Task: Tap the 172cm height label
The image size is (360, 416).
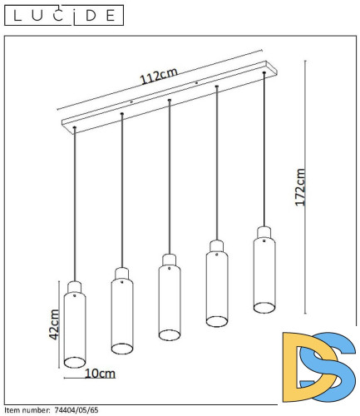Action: (x=300, y=187)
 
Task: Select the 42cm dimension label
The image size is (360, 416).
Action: (x=54, y=324)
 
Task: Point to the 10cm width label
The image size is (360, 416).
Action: (x=100, y=374)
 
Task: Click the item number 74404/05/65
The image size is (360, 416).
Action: (x=76, y=410)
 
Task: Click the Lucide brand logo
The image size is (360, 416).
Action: (x=64, y=15)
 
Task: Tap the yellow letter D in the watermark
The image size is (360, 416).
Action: (x=308, y=367)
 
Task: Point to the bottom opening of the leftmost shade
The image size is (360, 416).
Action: (x=75, y=363)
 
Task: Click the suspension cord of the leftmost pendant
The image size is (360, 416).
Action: (x=75, y=204)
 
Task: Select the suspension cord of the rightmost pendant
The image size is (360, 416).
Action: (x=264, y=149)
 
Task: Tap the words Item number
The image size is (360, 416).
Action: (x=27, y=410)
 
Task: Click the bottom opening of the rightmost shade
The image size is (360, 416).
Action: (x=264, y=308)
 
